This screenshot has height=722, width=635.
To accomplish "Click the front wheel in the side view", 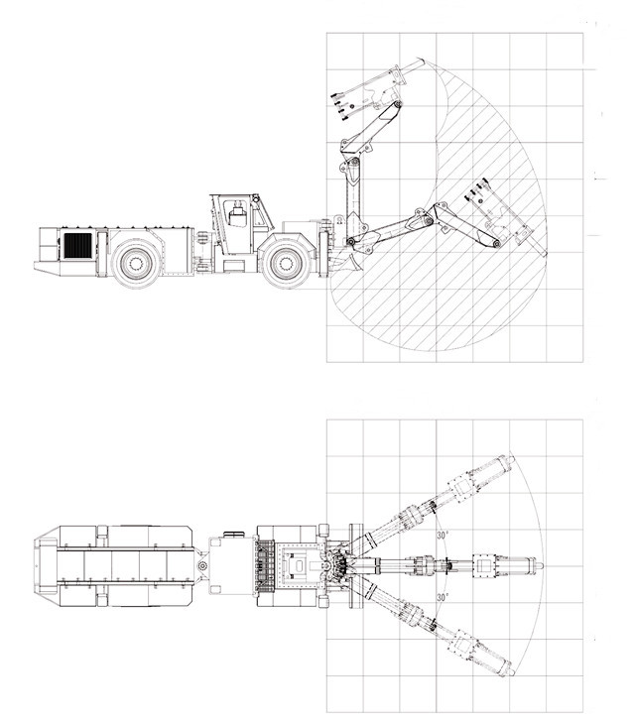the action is (286, 264).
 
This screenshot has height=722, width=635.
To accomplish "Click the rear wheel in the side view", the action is (136, 264).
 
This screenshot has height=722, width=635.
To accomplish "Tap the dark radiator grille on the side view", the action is (77, 245).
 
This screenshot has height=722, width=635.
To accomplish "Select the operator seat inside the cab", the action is (237, 215).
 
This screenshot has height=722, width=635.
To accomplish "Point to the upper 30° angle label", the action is (443, 536).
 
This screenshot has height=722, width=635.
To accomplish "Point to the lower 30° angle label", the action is (443, 598).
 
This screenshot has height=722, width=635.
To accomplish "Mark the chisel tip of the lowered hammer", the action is (545, 253).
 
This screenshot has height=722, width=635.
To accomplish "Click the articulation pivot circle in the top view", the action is (201, 565).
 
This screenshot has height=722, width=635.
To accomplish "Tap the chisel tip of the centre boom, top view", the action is (542, 565).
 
